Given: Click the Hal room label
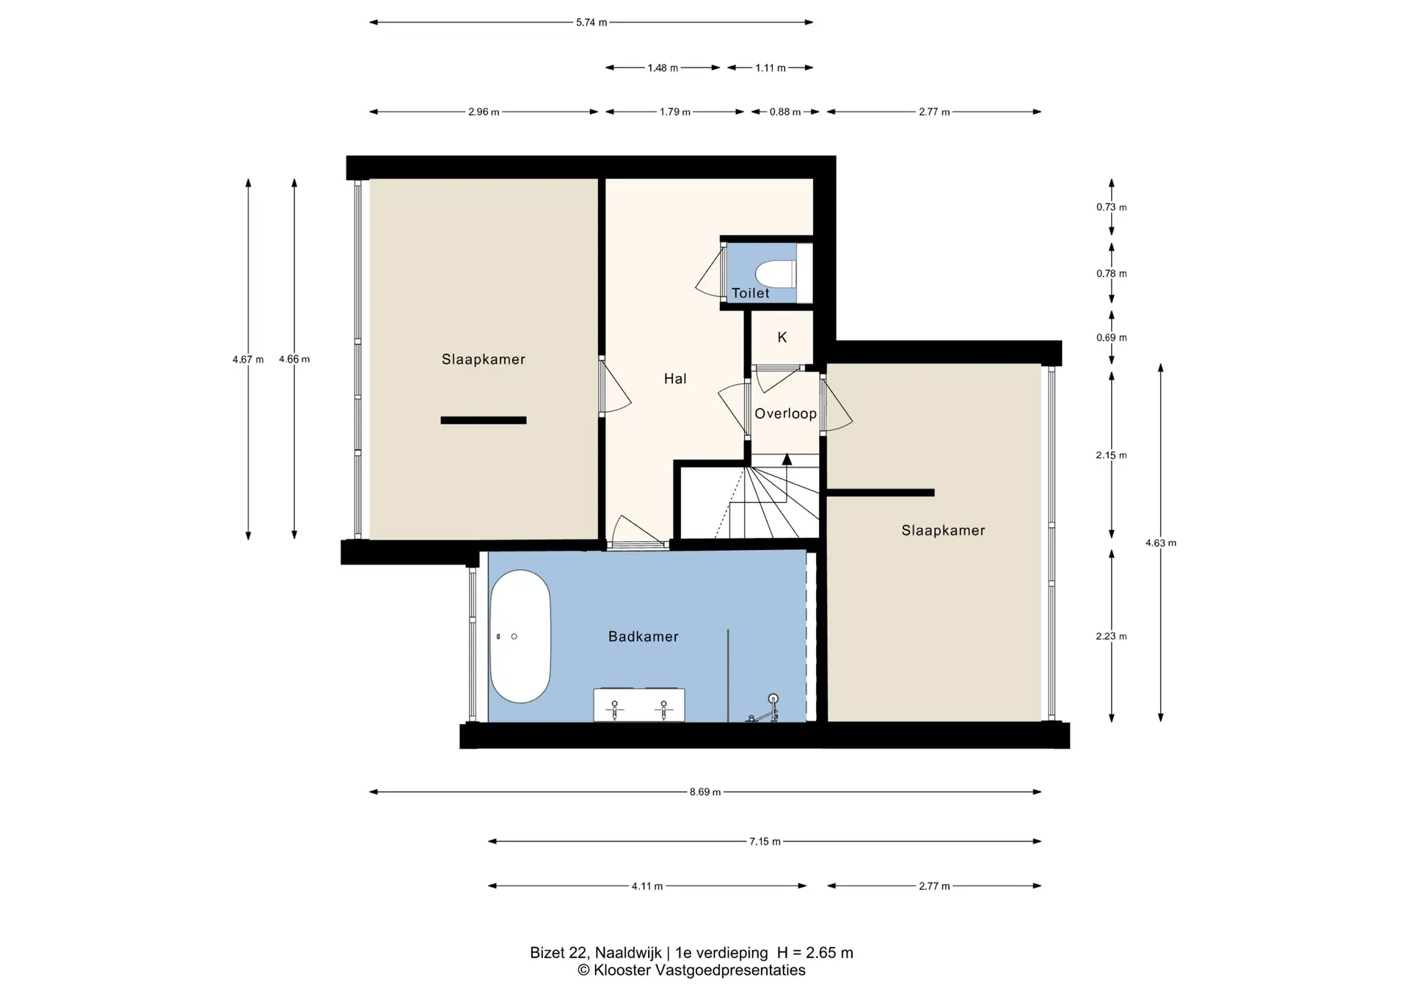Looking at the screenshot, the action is (x=675, y=379).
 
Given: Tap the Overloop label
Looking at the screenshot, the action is (x=785, y=414).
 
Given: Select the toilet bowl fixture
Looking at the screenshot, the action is (x=776, y=274).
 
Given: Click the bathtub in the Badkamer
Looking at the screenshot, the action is (x=520, y=637).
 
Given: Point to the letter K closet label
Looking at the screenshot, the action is (x=782, y=337).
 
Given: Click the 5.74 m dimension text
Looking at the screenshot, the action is (x=591, y=23).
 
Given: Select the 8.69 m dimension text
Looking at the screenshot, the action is (x=705, y=792).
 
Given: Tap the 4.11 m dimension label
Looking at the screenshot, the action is (x=647, y=886).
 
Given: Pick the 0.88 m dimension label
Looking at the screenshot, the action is (x=785, y=112).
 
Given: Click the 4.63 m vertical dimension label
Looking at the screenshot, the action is (x=1161, y=543).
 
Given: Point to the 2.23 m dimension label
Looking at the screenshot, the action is (x=1111, y=637).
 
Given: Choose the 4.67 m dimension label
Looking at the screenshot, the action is (x=248, y=360).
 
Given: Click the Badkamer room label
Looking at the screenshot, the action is (x=644, y=637).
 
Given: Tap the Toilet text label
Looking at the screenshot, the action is (x=751, y=294).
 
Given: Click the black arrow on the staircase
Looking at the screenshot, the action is (x=787, y=460).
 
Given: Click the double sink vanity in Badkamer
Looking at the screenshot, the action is (x=639, y=705).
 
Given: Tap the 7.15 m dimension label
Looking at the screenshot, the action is (x=765, y=841).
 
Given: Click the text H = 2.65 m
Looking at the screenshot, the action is (x=815, y=953).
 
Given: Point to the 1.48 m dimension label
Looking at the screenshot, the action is (x=663, y=68).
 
